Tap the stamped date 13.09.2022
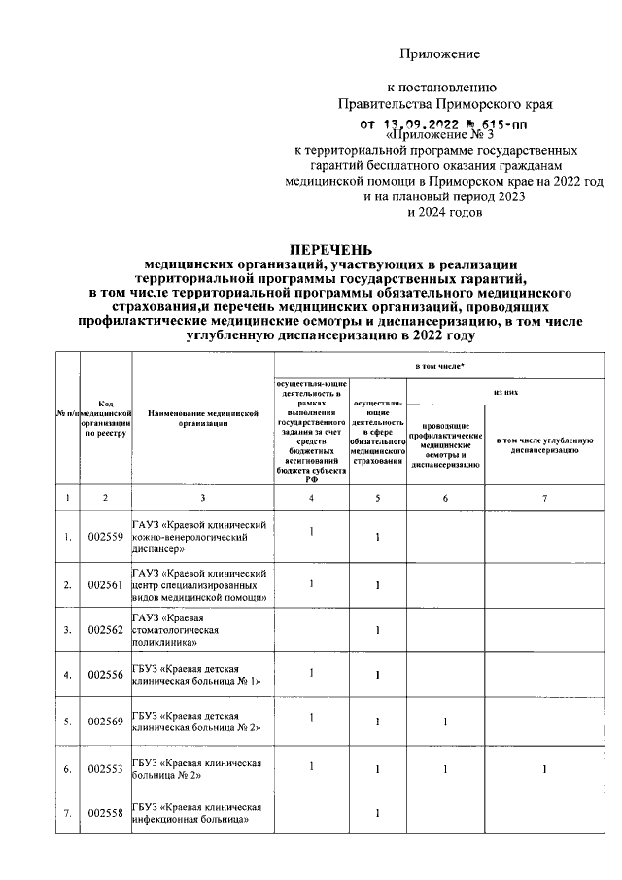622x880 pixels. point(423,123)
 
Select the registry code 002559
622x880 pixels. point(105,537)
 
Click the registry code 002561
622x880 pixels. point(105,585)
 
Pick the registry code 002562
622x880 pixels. point(105,630)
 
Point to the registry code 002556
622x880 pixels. point(105,675)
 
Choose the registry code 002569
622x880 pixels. point(105,722)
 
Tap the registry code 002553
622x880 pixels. point(105,769)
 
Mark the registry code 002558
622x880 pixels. point(105,813)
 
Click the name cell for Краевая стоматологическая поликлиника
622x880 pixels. point(202,630)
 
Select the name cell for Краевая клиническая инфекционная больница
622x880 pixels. point(202,813)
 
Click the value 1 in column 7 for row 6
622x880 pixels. point(544,769)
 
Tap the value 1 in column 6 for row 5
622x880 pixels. point(444,722)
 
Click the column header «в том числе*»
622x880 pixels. point(438,366)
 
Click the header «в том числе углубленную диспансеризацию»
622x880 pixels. point(544,445)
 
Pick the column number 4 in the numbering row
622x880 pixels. point(312,498)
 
